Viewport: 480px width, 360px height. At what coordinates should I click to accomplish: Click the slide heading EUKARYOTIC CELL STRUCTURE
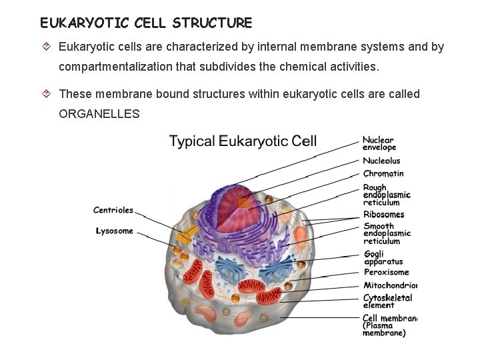point(146,23)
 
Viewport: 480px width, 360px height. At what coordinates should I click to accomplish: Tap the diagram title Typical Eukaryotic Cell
point(243,141)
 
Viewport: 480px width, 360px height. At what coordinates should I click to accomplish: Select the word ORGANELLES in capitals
point(99,114)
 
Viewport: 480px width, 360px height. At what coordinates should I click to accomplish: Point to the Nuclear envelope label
point(379,144)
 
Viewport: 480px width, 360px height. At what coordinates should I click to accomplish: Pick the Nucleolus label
point(381,161)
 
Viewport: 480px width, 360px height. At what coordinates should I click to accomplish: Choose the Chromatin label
point(383,174)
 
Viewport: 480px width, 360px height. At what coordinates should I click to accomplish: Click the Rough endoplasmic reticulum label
point(386,195)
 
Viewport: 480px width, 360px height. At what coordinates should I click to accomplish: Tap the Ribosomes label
point(383,215)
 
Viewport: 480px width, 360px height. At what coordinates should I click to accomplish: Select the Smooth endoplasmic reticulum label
point(387,233)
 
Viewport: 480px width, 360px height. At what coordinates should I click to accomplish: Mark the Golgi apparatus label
point(383,258)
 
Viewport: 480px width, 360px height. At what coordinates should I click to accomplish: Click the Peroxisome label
point(386,272)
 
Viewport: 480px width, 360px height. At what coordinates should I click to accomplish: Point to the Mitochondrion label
point(390,285)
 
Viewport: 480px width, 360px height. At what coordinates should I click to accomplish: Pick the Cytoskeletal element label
point(387,301)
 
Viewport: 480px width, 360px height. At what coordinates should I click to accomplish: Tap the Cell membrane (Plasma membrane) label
point(389,325)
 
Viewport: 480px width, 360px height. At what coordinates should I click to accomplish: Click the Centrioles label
point(113,210)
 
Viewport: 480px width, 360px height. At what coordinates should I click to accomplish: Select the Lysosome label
point(115,231)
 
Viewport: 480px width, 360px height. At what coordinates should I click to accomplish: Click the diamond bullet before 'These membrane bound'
point(47,94)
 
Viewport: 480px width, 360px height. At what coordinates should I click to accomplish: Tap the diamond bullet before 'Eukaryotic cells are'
point(47,47)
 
